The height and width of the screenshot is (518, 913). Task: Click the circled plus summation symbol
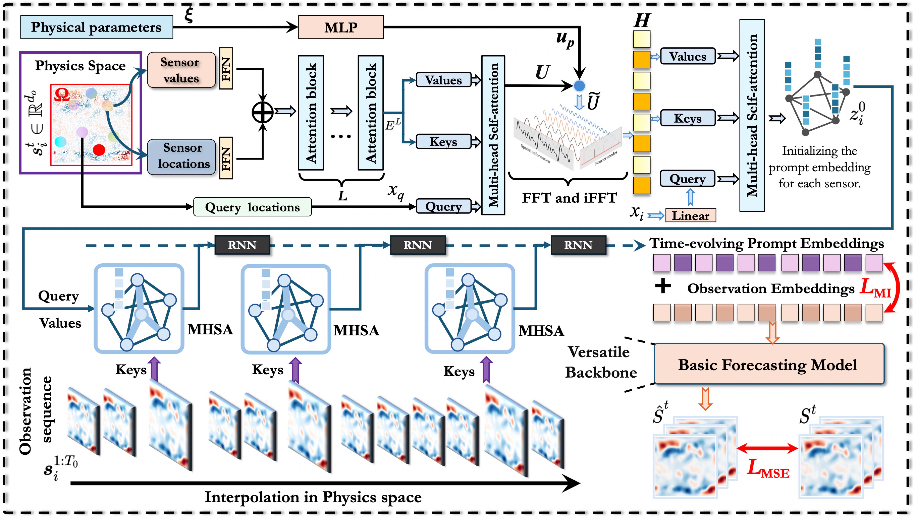point(262,112)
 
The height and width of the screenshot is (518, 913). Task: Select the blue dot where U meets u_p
point(579,86)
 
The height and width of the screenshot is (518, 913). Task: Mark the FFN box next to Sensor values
point(226,68)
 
